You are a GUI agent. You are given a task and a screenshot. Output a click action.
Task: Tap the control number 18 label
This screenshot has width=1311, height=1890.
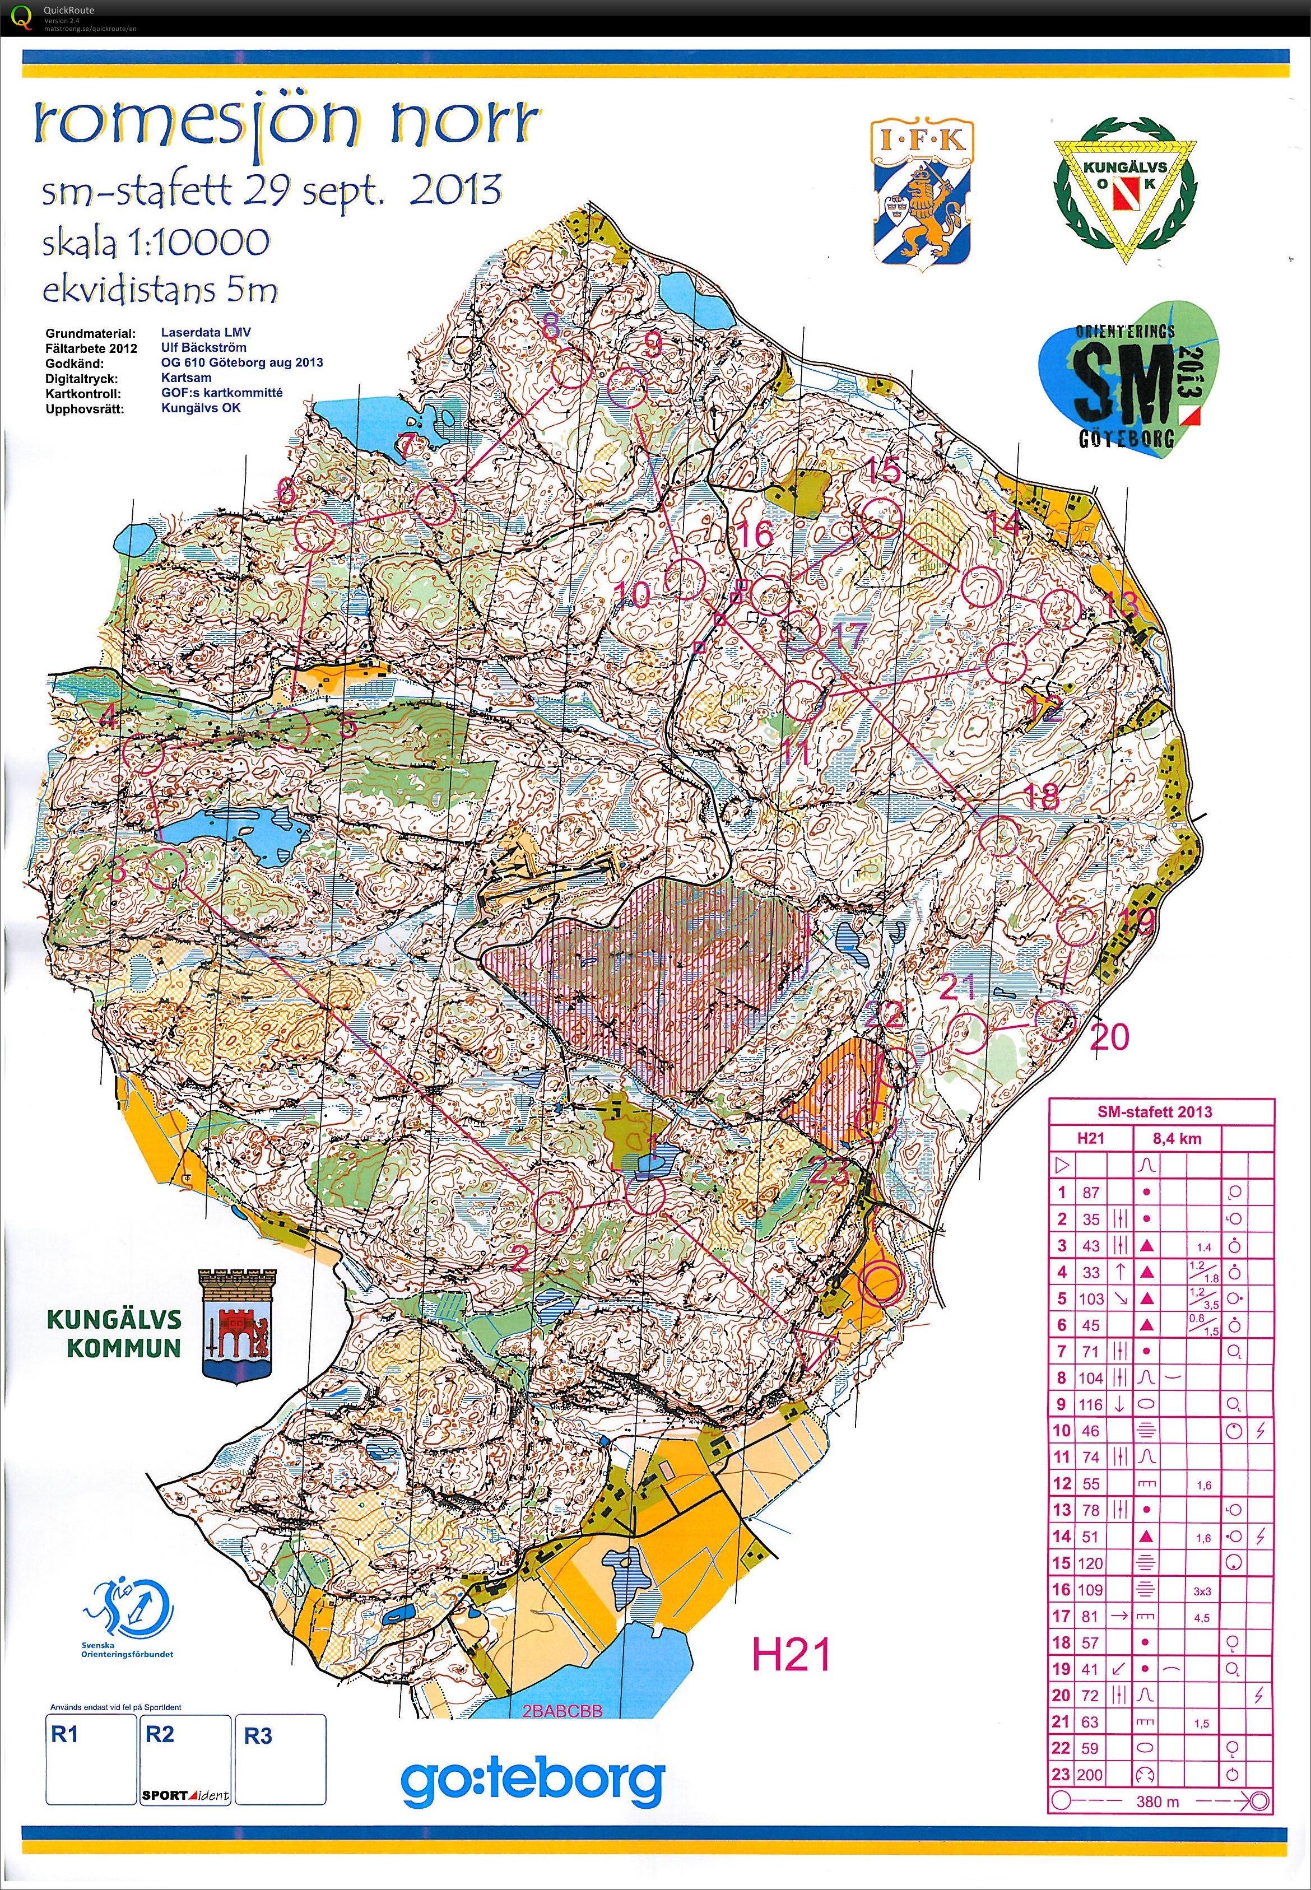click(1042, 796)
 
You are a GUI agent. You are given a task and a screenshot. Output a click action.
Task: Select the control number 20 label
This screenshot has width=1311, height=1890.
click(1109, 1037)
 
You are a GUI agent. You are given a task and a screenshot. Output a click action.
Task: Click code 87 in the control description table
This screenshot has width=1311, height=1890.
click(1091, 1193)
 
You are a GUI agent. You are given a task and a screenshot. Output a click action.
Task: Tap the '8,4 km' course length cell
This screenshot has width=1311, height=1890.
click(1177, 1138)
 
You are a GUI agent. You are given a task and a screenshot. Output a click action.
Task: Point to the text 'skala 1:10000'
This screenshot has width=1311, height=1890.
click(156, 241)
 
